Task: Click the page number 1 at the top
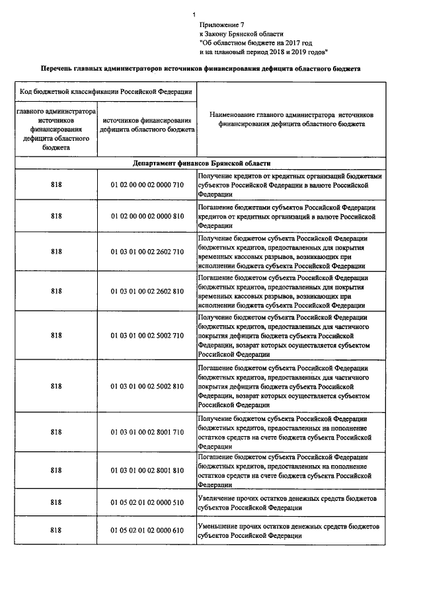(x=194, y=15)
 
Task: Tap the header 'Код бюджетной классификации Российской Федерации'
(x=106, y=91)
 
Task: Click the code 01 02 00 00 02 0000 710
(x=147, y=186)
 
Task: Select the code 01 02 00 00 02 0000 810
(x=147, y=215)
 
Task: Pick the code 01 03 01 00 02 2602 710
(x=147, y=251)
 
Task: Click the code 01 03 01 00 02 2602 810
(x=147, y=291)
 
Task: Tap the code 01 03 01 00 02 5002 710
(x=147, y=335)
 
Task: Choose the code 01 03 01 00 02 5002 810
(x=147, y=385)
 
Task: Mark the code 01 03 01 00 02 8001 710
(x=147, y=431)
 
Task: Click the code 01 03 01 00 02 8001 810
(x=147, y=470)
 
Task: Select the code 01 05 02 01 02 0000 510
(x=147, y=502)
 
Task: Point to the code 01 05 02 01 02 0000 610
(x=147, y=531)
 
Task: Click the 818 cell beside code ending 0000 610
(x=56, y=531)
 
